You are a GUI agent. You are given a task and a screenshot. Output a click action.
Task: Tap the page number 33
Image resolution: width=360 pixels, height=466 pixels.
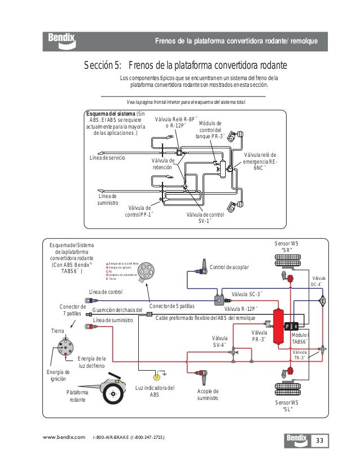coord(319,440)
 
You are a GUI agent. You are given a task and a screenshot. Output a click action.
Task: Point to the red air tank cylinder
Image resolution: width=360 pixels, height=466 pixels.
coord(277,326)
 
